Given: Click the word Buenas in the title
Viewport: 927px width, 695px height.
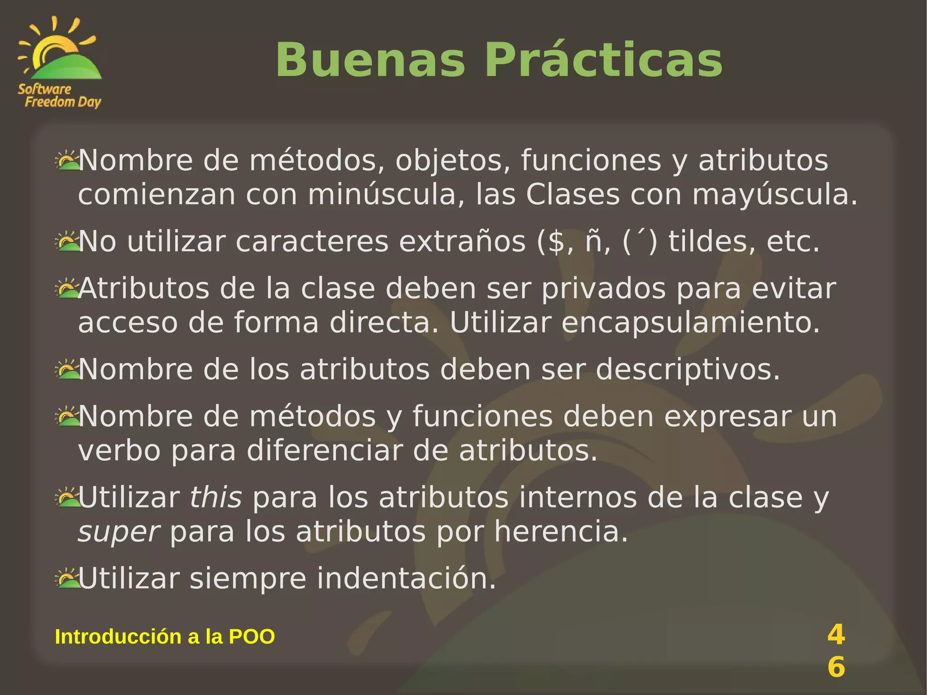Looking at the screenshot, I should [370, 61].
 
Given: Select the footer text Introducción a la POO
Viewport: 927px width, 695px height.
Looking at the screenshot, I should [165, 637].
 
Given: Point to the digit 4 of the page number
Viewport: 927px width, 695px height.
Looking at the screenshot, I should [836, 634].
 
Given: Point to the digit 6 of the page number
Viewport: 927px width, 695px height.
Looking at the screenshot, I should [836, 667].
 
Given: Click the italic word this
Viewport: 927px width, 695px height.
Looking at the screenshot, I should [215, 498].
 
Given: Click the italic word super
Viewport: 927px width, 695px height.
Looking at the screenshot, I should [119, 532].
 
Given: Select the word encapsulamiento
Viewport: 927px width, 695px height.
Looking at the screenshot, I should [691, 323].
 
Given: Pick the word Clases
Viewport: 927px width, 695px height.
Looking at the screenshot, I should [572, 195].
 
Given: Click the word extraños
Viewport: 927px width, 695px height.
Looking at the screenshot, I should [462, 242].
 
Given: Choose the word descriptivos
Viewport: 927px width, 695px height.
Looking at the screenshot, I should [688, 370].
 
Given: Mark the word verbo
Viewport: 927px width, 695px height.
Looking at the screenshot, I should [119, 451].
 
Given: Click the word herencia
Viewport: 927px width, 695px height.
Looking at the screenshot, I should [561, 532].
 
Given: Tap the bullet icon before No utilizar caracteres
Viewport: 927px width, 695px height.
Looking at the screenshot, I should [67, 241].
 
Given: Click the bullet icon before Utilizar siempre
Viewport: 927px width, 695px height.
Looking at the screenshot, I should [67, 578].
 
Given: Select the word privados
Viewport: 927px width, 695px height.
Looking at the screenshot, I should [603, 289].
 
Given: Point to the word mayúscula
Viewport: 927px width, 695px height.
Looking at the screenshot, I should [774, 195].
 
